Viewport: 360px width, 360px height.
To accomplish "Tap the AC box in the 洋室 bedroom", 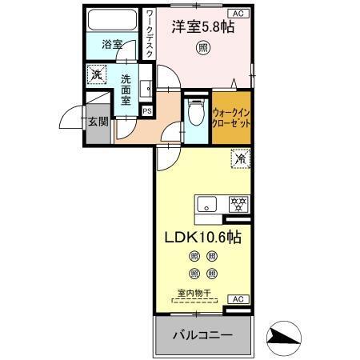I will coord(238,14).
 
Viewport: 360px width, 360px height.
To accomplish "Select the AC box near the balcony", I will coord(237,298).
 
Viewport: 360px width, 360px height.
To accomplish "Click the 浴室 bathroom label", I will coord(111,45).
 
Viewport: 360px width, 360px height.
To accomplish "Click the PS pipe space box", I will coord(146,110).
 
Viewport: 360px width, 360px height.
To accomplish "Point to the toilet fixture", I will coord(195,114).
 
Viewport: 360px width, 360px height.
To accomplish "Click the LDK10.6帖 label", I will coord(203,238).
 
